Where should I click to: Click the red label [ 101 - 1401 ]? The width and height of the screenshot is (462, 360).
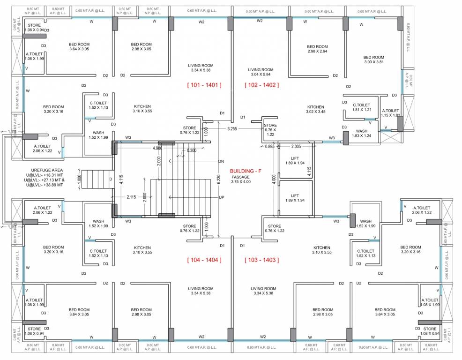(204, 85)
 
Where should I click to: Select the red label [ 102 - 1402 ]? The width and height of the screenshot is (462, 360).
(261, 85)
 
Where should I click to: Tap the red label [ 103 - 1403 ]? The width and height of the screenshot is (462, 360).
(261, 260)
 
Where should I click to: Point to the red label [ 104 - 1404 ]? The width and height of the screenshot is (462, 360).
(204, 260)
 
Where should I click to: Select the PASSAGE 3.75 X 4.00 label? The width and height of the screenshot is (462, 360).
(241, 180)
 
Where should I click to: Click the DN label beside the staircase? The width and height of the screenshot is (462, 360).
(221, 161)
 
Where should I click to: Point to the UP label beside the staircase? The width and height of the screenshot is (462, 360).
(221, 197)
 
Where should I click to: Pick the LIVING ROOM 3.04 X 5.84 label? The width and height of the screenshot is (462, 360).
(261, 72)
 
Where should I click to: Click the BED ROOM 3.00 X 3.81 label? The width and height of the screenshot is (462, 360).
(373, 60)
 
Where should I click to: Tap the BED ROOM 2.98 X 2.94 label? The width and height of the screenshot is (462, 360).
(317, 49)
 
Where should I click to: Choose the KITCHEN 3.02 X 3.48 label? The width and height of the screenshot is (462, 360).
(315, 109)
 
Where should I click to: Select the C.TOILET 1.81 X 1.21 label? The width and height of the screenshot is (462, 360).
(361, 107)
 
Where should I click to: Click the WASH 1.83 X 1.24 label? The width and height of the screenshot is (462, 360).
(361, 133)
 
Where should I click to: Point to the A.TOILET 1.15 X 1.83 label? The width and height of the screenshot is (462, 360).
(390, 113)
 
